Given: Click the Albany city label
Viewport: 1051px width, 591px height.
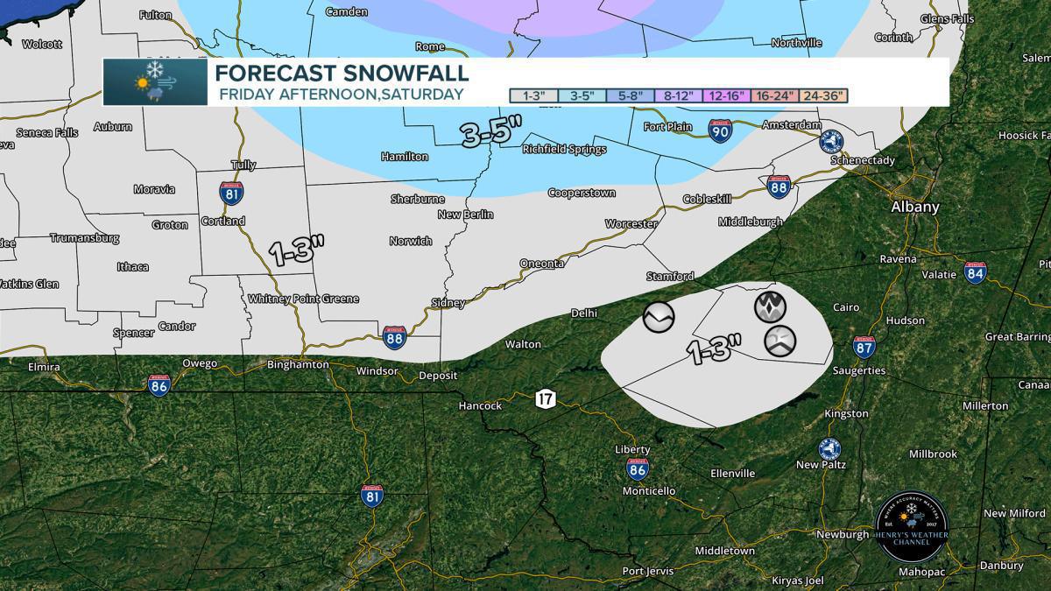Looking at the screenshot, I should [x=914, y=208].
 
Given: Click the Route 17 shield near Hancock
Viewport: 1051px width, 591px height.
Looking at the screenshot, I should [x=546, y=399].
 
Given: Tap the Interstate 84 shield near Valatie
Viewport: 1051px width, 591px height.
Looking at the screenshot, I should [x=976, y=272].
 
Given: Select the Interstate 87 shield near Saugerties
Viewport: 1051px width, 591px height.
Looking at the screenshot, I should [x=864, y=348].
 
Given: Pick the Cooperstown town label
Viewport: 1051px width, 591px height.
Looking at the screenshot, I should [x=582, y=193].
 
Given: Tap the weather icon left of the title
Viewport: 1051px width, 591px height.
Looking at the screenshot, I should [x=155, y=81].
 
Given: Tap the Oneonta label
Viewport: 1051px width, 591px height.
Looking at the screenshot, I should [x=541, y=263].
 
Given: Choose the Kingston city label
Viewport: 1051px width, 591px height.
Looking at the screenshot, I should [x=846, y=413].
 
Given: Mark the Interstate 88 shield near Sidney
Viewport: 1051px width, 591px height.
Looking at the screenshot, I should [x=394, y=339].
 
